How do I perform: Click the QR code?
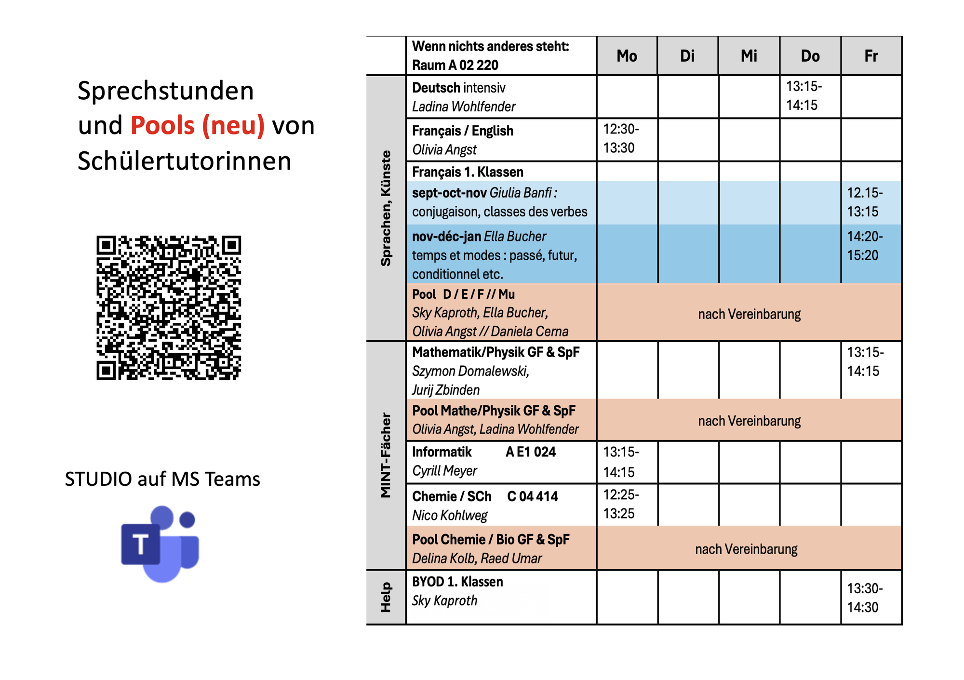[x=168, y=307]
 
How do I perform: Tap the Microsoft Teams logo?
[x=161, y=544]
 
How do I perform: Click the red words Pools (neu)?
[x=198, y=125]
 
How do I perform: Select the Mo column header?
[x=627, y=56]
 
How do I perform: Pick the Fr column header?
[x=871, y=56]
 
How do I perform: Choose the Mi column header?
[x=749, y=56]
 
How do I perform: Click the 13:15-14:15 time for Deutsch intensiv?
[x=803, y=96]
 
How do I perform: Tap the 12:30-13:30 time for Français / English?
[x=621, y=138]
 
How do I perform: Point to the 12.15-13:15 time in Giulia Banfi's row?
[x=865, y=202]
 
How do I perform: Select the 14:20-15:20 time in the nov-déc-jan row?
[x=865, y=246]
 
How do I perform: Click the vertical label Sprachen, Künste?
[x=386, y=208]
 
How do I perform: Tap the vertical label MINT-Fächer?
[x=386, y=455]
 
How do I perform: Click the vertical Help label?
[x=386, y=597]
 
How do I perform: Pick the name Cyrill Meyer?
[x=444, y=471]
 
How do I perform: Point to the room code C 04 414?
[x=532, y=496]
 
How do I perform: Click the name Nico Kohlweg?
[x=450, y=516]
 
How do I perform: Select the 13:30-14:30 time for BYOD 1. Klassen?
[x=865, y=598]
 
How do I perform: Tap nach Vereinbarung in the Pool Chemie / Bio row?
[x=746, y=549]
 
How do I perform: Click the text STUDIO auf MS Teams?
[x=162, y=479]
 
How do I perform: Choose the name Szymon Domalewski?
[x=470, y=371]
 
